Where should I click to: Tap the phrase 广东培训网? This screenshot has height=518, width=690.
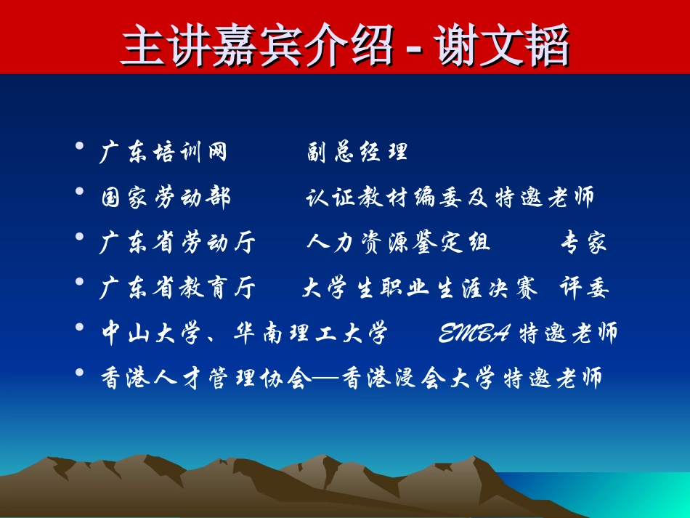pyautogui.click(x=163, y=152)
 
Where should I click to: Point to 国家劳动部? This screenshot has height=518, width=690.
pyautogui.click(x=166, y=197)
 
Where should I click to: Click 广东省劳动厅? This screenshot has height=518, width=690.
pyautogui.click(x=178, y=243)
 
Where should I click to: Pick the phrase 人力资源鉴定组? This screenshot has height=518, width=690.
pyautogui.click(x=398, y=243)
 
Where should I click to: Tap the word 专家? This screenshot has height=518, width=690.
pyautogui.click(x=583, y=243)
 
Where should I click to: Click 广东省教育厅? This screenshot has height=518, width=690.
pyautogui.click(x=178, y=288)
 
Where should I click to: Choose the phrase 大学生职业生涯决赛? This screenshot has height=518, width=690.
pyautogui.click(x=420, y=288)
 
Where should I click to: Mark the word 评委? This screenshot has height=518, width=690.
pyautogui.click(x=584, y=288)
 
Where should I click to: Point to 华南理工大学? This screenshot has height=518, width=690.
pyautogui.click(x=311, y=333)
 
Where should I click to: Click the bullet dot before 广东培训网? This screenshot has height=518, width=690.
pyautogui.click(x=79, y=147)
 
